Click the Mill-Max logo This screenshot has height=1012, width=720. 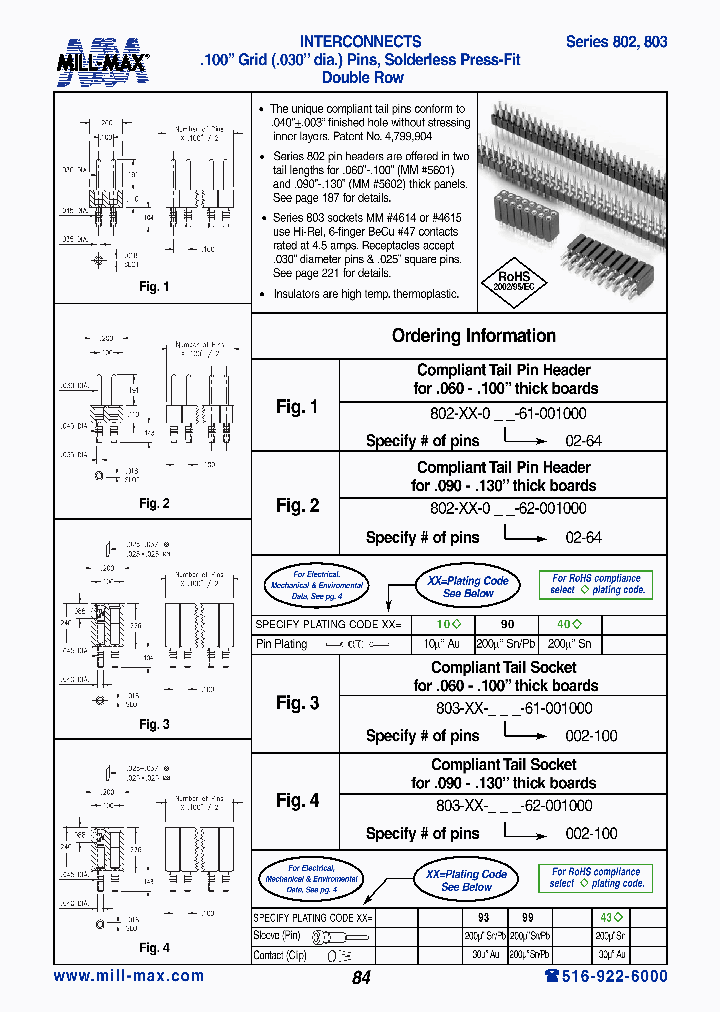[x=102, y=61]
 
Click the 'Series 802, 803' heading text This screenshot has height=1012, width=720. [x=616, y=42]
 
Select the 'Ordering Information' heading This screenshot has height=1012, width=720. [x=473, y=336]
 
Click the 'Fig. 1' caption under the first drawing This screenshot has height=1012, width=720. [x=154, y=287]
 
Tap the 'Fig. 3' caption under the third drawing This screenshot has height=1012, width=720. [x=154, y=724]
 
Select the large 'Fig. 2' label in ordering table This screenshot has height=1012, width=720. [x=297, y=505]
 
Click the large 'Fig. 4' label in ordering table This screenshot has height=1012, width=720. [x=297, y=800]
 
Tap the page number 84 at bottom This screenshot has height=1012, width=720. [x=361, y=978]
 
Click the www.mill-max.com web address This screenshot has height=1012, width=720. [x=128, y=976]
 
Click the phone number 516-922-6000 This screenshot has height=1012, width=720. [x=605, y=976]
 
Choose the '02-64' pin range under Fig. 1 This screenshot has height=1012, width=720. [x=583, y=440]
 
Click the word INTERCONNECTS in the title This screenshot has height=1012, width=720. [x=361, y=42]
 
